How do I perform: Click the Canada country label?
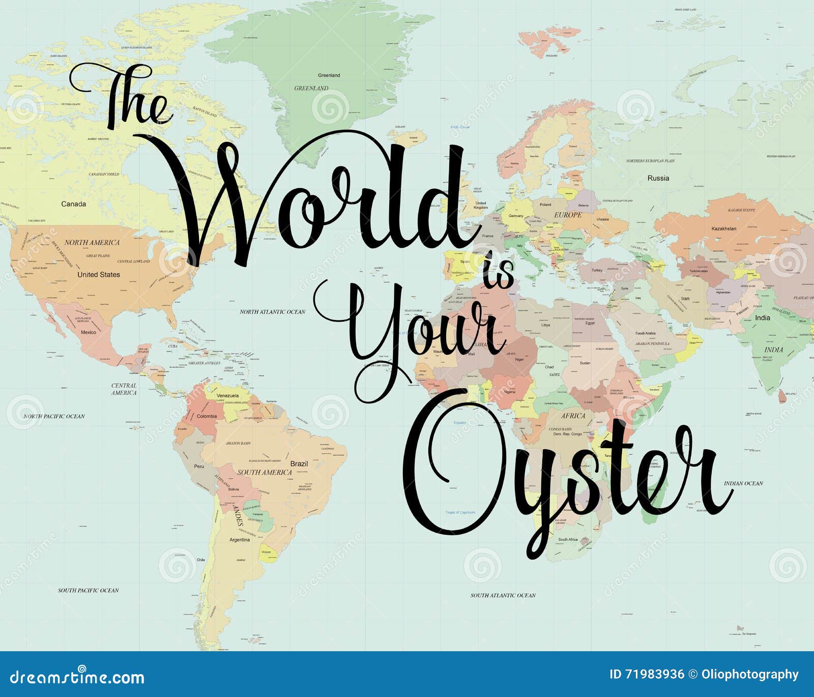pyautogui.click(x=74, y=204)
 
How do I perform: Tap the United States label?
pyautogui.click(x=99, y=275)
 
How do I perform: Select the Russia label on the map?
pyautogui.click(x=658, y=178)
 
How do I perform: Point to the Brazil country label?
pyautogui.click(x=299, y=463)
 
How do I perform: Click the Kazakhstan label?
pyautogui.click(x=723, y=228)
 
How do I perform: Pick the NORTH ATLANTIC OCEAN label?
pyautogui.click(x=273, y=312)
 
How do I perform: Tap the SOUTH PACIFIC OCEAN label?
pyautogui.click(x=88, y=590)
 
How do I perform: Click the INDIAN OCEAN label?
pyautogui.click(x=743, y=483)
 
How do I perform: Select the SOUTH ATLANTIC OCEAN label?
pyautogui.click(x=503, y=595)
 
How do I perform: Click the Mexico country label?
pyautogui.click(x=89, y=332)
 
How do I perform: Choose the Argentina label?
pyautogui.click(x=240, y=540)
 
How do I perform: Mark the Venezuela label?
pyautogui.click(x=227, y=395)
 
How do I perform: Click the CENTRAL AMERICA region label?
pyautogui.click(x=124, y=389)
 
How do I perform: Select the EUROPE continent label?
pyautogui.click(x=568, y=215)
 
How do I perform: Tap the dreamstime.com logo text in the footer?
pyautogui.click(x=77, y=677)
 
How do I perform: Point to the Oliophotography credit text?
pyautogui.click(x=750, y=675)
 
